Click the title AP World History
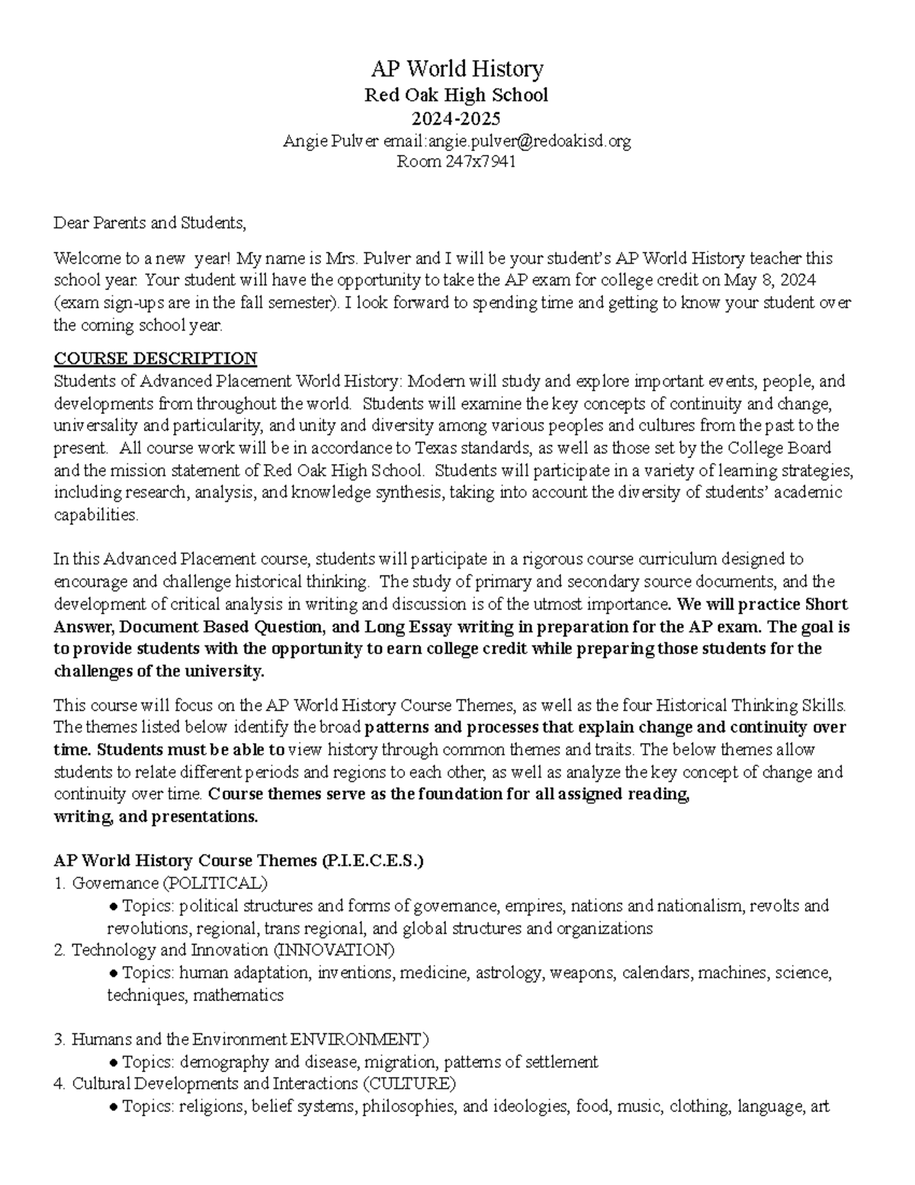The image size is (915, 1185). pyautogui.click(x=457, y=69)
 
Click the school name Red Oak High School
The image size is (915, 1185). pyautogui.click(x=457, y=95)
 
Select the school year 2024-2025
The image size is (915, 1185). pyautogui.click(x=457, y=118)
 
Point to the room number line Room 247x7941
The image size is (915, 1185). pyautogui.click(x=457, y=162)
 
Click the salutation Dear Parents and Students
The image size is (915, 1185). pyautogui.click(x=150, y=224)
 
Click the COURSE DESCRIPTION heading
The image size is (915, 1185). pyautogui.click(x=156, y=359)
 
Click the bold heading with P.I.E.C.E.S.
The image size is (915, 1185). pyautogui.click(x=238, y=861)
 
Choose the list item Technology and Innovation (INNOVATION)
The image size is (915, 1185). pyautogui.click(x=233, y=950)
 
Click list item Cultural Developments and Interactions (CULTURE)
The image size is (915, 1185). pyautogui.click(x=263, y=1084)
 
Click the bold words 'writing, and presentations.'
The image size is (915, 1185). pyautogui.click(x=156, y=816)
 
